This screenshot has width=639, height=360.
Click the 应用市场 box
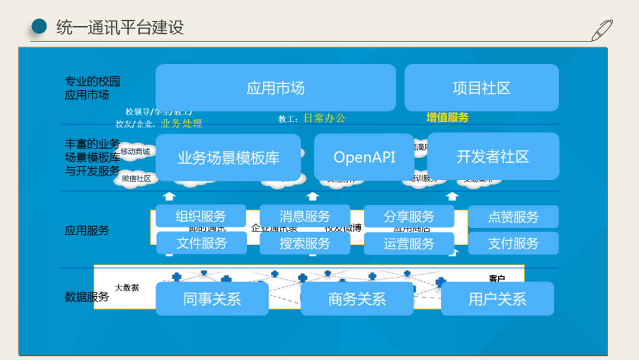click(x=275, y=88)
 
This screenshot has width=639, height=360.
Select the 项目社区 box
click(x=481, y=88)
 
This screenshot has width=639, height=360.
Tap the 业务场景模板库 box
click(x=228, y=157)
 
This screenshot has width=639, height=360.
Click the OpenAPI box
click(x=364, y=157)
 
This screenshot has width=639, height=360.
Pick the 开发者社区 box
click(x=492, y=157)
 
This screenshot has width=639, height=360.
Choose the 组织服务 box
click(x=201, y=217)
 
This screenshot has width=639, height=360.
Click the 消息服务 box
click(x=305, y=217)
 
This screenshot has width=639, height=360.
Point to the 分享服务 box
click(x=409, y=217)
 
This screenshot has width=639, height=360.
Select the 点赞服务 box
click(x=513, y=217)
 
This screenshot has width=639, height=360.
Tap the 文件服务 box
click(x=201, y=243)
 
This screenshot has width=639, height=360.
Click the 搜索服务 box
click(x=305, y=243)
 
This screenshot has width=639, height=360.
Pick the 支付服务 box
click(x=513, y=243)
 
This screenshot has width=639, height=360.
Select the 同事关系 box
click(x=212, y=298)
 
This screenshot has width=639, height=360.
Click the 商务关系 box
click(x=357, y=298)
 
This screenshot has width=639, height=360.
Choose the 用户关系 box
click(x=497, y=298)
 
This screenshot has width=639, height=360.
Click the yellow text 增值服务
click(x=447, y=117)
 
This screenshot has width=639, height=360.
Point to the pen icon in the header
click(x=602, y=30)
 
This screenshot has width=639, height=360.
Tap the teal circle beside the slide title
click(x=38, y=27)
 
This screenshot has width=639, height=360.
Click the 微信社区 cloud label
click(x=136, y=178)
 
